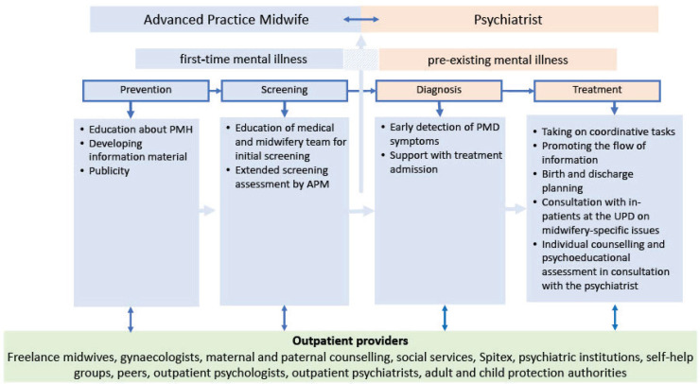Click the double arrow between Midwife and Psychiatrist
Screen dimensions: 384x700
click(x=359, y=18)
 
